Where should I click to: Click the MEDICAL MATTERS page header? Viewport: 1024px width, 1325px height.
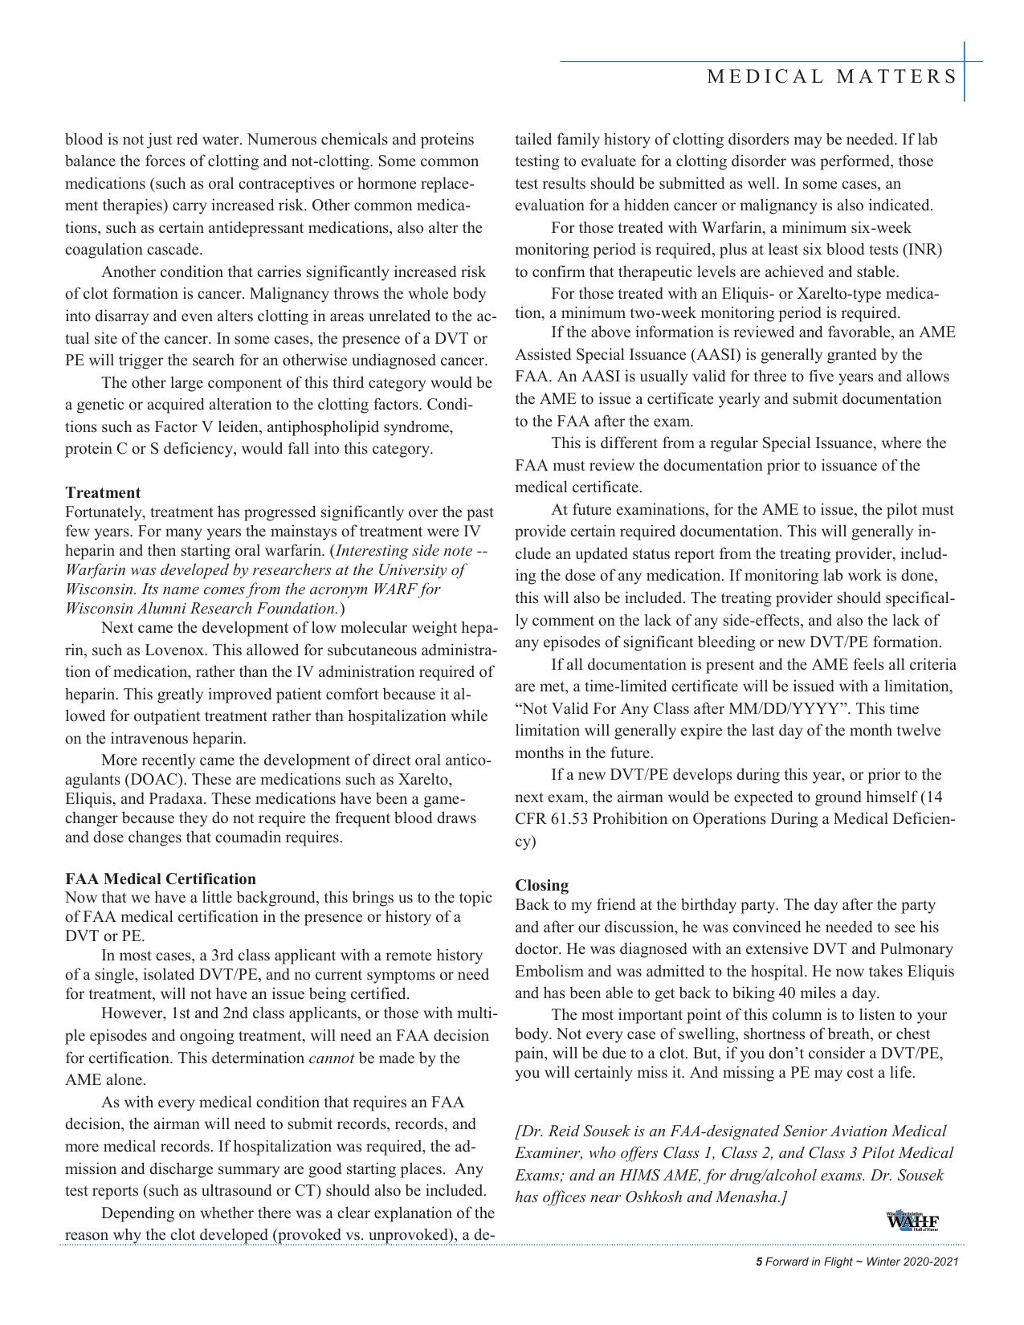832,77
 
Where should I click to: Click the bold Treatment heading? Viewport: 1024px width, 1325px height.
103,493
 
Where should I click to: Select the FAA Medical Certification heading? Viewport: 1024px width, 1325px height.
161,879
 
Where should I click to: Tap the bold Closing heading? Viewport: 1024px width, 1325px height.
542,886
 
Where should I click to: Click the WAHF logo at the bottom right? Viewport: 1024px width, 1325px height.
913,1222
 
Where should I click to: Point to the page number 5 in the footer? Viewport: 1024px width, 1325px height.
759,1262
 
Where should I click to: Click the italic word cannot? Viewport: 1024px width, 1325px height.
331,1058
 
